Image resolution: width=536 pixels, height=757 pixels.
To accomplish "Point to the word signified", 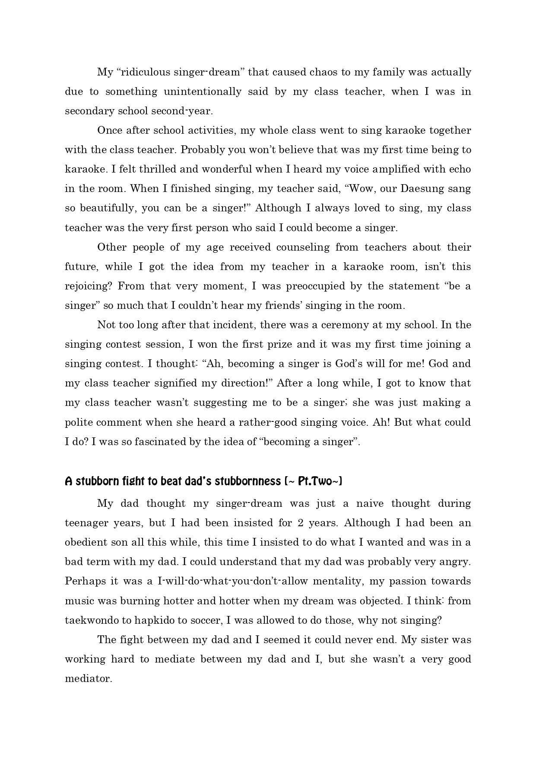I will point(198,383).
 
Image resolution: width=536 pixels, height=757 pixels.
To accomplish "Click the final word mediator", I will point(88,678).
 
